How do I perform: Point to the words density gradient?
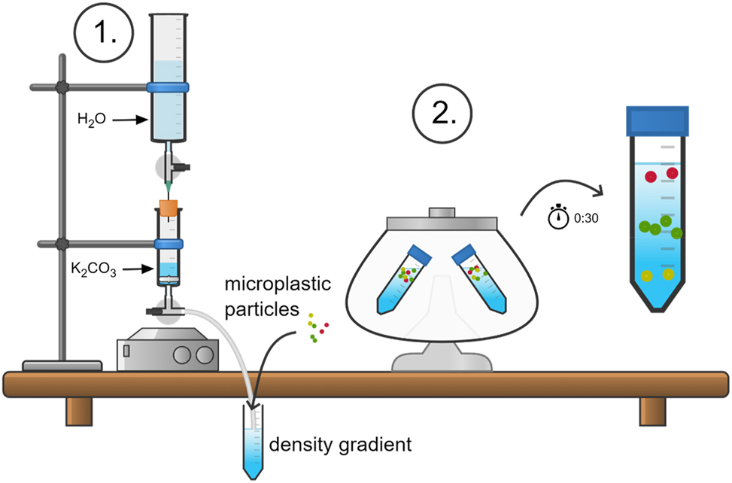(341, 445)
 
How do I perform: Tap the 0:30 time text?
(586, 218)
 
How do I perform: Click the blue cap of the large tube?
(658, 119)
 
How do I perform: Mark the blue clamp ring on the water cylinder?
(167, 87)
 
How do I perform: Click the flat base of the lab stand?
(63, 366)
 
